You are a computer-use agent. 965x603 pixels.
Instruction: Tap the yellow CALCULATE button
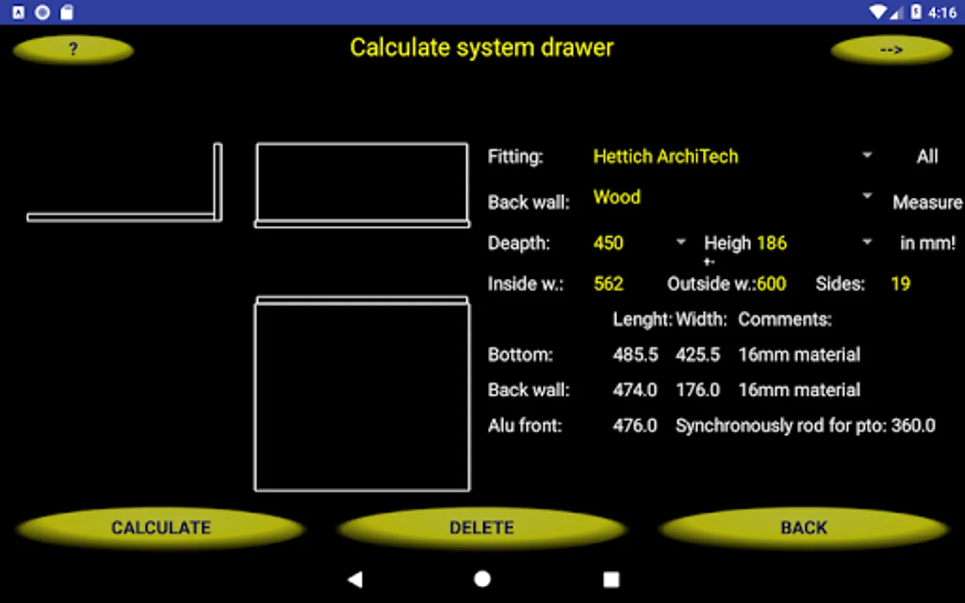pyautogui.click(x=161, y=528)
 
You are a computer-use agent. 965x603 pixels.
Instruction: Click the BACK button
pyautogui.click(x=803, y=528)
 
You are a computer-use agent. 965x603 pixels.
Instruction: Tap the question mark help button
pyautogui.click(x=73, y=50)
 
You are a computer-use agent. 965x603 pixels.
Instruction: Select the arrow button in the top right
pyautogui.click(x=891, y=50)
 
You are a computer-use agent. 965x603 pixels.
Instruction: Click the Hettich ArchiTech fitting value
pyautogui.click(x=665, y=157)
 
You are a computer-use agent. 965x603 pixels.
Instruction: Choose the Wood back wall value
pyautogui.click(x=617, y=197)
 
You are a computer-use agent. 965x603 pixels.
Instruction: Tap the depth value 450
pyautogui.click(x=608, y=243)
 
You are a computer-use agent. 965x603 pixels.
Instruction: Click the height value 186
pyautogui.click(x=771, y=243)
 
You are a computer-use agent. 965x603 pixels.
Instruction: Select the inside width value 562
pyautogui.click(x=608, y=284)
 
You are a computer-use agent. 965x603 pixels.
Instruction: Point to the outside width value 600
pyautogui.click(x=771, y=284)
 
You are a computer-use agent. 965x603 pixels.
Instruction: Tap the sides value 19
pyautogui.click(x=901, y=284)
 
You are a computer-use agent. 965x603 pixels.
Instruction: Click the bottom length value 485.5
pyautogui.click(x=635, y=354)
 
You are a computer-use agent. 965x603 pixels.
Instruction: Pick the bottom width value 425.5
pyautogui.click(x=698, y=354)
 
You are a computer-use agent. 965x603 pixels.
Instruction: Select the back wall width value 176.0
pyautogui.click(x=698, y=390)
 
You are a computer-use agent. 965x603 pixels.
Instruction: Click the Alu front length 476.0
pyautogui.click(x=635, y=425)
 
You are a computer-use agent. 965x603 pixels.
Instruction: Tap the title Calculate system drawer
pyautogui.click(x=481, y=48)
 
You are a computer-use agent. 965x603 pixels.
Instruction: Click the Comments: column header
pyautogui.click(x=785, y=320)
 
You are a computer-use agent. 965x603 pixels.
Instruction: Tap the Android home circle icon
pyautogui.click(x=482, y=579)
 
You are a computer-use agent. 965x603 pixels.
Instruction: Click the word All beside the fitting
pyautogui.click(x=927, y=157)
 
